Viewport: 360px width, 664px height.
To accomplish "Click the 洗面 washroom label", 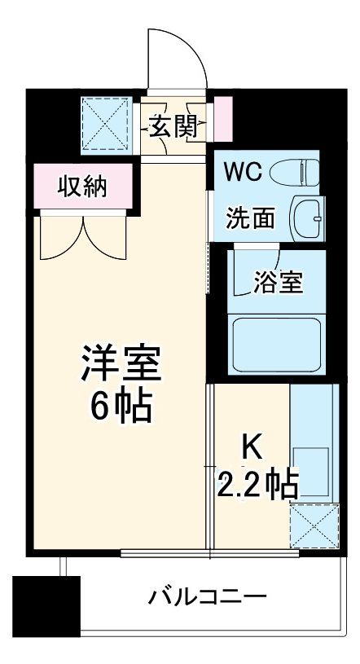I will point(245,218).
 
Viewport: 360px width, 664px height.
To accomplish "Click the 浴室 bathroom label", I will point(278,283).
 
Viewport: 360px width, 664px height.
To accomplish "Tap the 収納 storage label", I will point(81,187).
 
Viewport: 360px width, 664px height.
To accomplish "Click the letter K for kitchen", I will point(252,446).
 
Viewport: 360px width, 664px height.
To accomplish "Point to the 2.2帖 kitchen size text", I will point(257,486).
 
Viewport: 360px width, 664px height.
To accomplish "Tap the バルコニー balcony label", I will point(207,598).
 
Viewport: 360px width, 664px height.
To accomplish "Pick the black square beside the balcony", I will point(46,606).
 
